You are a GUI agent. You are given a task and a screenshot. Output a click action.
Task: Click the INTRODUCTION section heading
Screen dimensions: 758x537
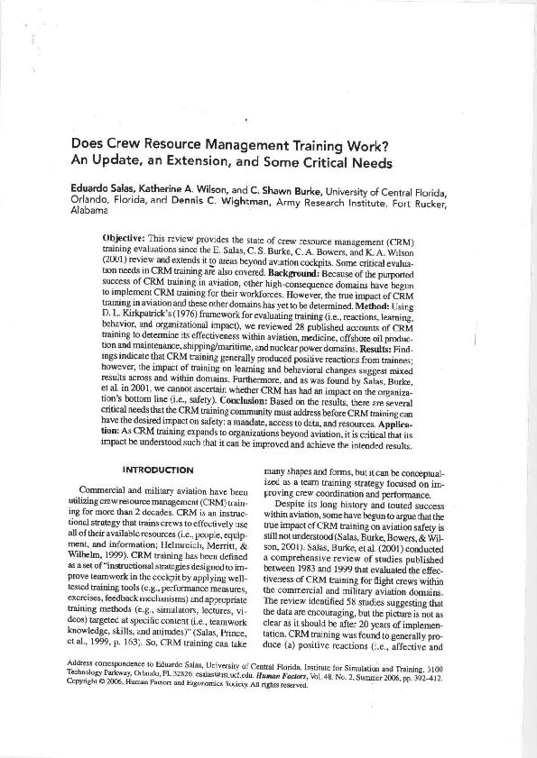coord(157,470)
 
